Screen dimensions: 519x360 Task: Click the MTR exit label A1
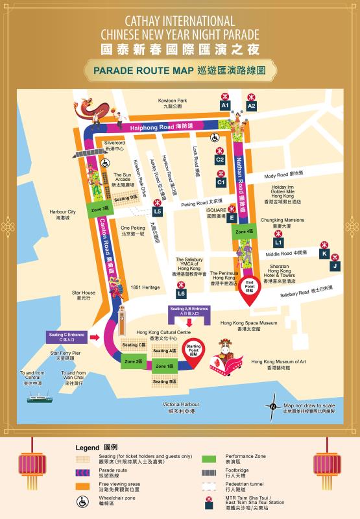pyautogui.click(x=225, y=105)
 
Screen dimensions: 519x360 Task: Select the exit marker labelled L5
pyautogui.click(x=158, y=211)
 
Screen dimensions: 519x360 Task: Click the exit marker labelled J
pyautogui.click(x=335, y=266)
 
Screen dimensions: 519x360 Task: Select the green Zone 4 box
pyautogui.click(x=245, y=231)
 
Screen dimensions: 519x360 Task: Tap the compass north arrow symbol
pyautogui.click(x=271, y=407)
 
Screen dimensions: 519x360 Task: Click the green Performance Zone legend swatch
pyautogui.click(x=209, y=458)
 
